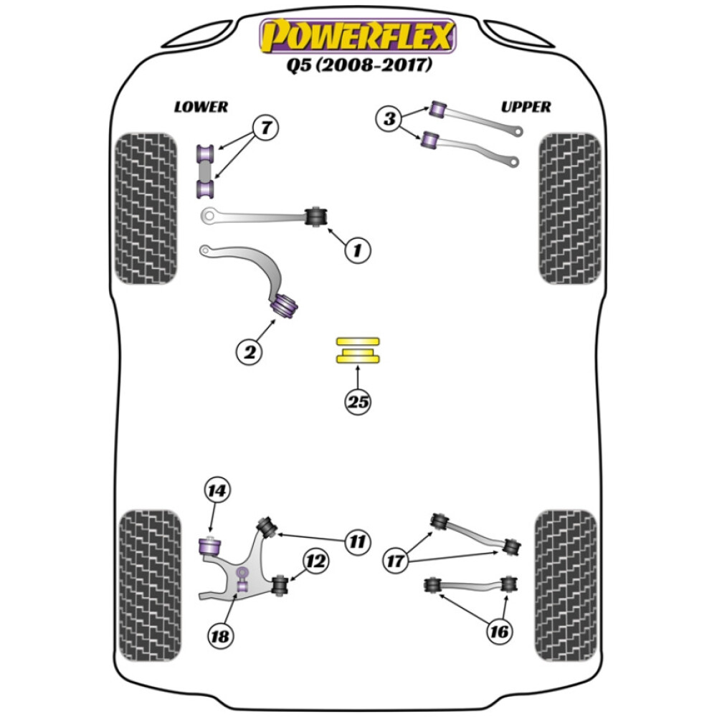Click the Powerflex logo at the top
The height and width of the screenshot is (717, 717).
357,36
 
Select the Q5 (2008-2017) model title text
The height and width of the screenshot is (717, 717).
357,66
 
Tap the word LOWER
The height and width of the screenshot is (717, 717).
201,107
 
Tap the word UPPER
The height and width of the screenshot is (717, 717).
526,107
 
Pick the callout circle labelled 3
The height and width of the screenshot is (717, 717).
390,118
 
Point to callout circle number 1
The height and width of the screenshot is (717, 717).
357,250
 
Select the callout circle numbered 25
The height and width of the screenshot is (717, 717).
358,402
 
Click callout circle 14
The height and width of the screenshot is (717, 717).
217,491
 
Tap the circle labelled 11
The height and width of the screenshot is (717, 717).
356,541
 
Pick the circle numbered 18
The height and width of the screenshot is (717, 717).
221,635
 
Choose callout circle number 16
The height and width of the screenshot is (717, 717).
499,631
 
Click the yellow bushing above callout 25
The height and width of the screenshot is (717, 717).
358,351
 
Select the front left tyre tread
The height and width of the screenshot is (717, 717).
146,209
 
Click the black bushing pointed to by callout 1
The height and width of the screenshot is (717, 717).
316,215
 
